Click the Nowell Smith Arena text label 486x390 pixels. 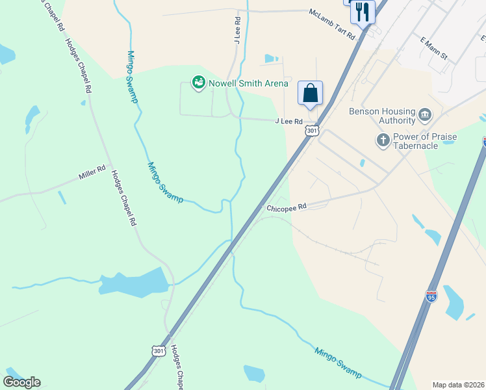(248, 83)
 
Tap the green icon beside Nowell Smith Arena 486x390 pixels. (198, 83)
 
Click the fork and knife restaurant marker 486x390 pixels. (362, 12)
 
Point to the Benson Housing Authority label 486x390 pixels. (382, 116)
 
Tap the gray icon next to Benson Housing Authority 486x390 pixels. (425, 116)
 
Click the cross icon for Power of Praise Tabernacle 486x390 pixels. (383, 140)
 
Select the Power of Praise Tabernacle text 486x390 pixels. (424, 141)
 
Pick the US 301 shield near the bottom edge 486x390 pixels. (159, 350)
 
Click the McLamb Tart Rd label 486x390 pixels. (332, 23)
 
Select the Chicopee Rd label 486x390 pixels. (286, 208)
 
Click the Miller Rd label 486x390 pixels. (92, 173)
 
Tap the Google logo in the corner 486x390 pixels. (21, 382)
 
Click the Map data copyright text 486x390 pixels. (458, 385)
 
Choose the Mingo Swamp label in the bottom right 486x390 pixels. (338, 362)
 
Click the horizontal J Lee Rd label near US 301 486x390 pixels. (288, 122)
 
